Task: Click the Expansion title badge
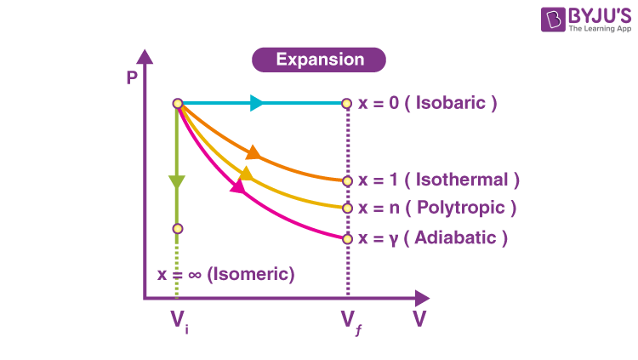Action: click(319, 60)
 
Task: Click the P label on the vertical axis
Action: click(132, 77)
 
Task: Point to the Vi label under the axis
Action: click(178, 321)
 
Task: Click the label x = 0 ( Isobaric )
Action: click(428, 103)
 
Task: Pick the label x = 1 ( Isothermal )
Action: click(438, 180)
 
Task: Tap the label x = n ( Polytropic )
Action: click(437, 208)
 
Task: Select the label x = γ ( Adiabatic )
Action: click(433, 238)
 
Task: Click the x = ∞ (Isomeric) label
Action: click(226, 274)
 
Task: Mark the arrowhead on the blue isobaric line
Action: click(257, 104)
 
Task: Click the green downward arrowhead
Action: click(177, 182)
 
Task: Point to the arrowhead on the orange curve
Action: click(253, 153)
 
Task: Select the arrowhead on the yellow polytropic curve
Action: click(245, 174)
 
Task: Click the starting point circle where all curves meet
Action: click(178, 104)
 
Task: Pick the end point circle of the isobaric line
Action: click(347, 104)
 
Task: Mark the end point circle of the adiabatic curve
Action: click(347, 238)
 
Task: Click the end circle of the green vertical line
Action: click(177, 228)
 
